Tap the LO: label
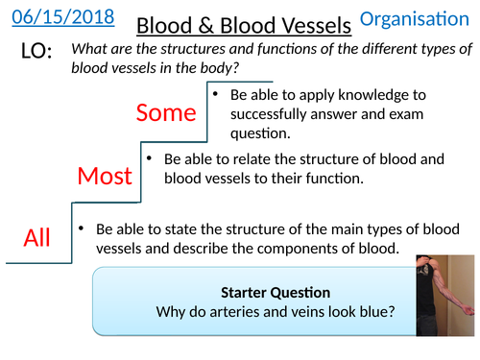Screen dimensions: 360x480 click(x=36, y=57)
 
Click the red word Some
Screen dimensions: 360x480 click(x=165, y=112)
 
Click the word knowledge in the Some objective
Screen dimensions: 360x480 click(x=373, y=96)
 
